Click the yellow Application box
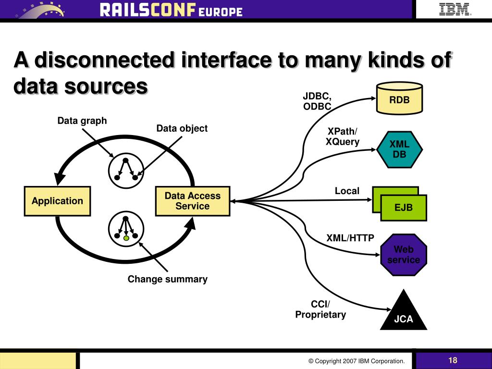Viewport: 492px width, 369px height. (x=58, y=201)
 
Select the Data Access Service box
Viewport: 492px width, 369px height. (x=192, y=201)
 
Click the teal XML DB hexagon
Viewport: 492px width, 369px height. (x=399, y=149)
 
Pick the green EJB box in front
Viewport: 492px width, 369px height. (x=404, y=208)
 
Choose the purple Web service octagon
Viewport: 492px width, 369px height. (x=404, y=255)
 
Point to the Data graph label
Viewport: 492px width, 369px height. (x=82, y=121)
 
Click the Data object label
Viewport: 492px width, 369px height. (x=182, y=128)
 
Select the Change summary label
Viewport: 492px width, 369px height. (x=167, y=279)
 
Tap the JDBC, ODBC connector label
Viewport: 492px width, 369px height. (x=317, y=101)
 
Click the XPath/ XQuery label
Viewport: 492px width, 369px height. (x=343, y=136)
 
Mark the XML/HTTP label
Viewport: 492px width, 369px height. (x=350, y=238)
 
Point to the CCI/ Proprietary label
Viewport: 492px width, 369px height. (x=320, y=309)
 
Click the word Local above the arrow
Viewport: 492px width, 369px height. (x=347, y=191)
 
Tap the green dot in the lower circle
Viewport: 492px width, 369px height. (x=126, y=238)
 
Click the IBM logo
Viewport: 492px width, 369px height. (x=455, y=9)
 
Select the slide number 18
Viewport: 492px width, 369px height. (x=453, y=360)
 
